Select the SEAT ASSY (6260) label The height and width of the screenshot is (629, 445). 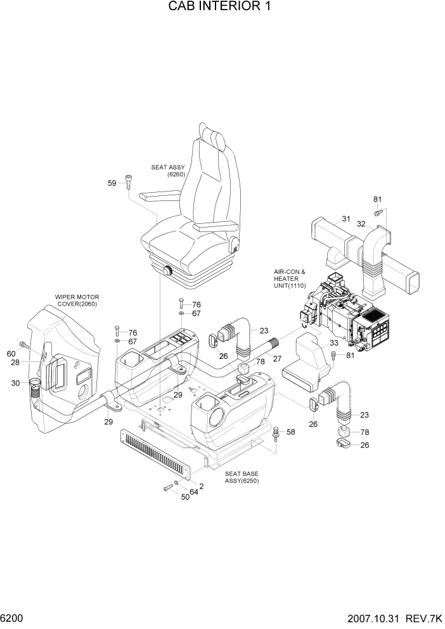point(167,171)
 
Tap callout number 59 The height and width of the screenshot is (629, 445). point(112,183)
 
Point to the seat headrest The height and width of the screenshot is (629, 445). point(213,137)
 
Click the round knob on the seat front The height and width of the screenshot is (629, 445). point(169,271)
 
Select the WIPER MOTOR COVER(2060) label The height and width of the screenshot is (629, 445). point(77,300)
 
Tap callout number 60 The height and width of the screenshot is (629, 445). point(11,354)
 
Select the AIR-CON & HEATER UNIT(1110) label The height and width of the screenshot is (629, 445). point(290,279)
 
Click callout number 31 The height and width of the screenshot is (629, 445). point(346,219)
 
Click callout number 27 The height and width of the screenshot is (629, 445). point(277,358)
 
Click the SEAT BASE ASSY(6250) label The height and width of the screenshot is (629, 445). point(242,477)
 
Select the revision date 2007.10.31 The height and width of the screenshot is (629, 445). point(385,617)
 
